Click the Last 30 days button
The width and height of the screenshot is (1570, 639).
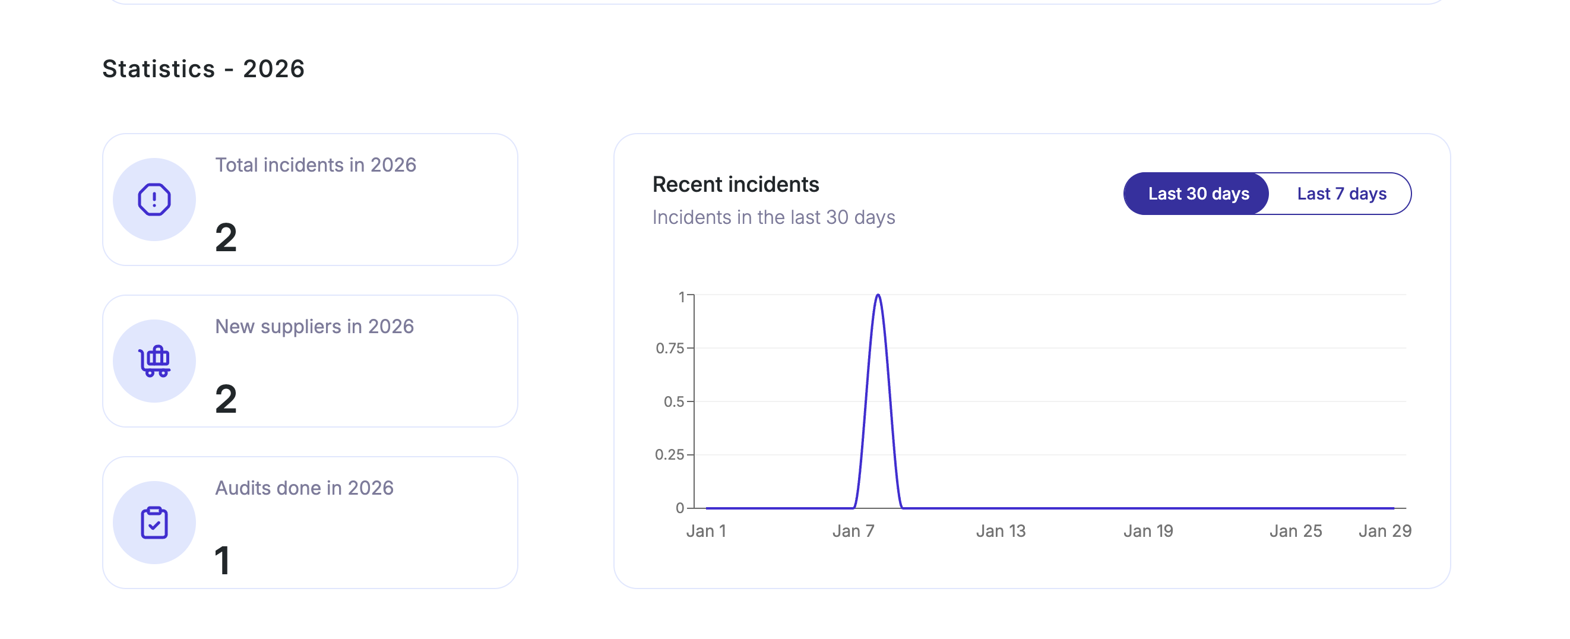(1198, 194)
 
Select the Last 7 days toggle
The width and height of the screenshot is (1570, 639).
(1341, 194)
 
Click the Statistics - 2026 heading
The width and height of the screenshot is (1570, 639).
(203, 69)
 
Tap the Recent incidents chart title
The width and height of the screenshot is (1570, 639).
(735, 184)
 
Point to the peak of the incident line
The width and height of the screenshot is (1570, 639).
(878, 296)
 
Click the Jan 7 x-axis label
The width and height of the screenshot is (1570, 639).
(853, 531)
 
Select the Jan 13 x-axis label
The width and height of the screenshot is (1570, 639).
(1001, 531)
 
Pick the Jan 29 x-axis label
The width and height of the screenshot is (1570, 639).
(1385, 531)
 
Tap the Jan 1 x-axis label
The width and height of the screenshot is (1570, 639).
(706, 531)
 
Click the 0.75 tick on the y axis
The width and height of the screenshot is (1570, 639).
(670, 348)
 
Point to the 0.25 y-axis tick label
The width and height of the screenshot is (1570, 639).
(669, 455)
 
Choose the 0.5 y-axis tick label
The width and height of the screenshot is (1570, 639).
(673, 402)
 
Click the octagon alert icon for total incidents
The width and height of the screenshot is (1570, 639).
(154, 200)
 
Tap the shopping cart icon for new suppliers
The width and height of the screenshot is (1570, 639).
(154, 361)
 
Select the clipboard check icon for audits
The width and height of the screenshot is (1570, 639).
(154, 523)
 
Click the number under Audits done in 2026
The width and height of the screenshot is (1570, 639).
(223, 561)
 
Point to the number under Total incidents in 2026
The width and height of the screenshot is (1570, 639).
(226, 238)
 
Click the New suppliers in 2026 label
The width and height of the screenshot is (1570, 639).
(314, 327)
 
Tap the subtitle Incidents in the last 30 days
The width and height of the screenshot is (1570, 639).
(773, 218)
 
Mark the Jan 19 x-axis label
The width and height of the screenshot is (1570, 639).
(1148, 531)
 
